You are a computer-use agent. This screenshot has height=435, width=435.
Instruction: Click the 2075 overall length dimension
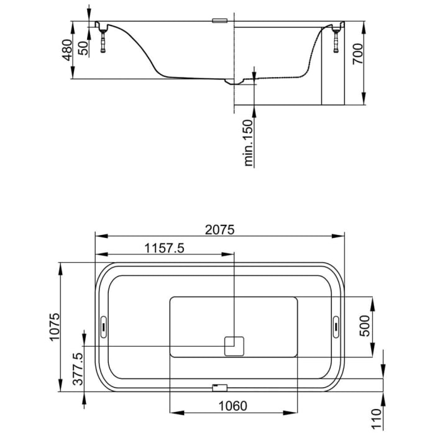[219, 229]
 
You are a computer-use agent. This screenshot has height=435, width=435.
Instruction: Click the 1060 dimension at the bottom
[234, 406]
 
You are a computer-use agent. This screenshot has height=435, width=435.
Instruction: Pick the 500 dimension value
[365, 327]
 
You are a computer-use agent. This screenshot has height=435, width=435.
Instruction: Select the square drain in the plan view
[234, 346]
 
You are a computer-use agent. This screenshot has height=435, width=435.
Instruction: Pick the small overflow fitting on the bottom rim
[216, 387]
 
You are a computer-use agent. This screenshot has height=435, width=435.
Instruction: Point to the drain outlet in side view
[235, 80]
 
